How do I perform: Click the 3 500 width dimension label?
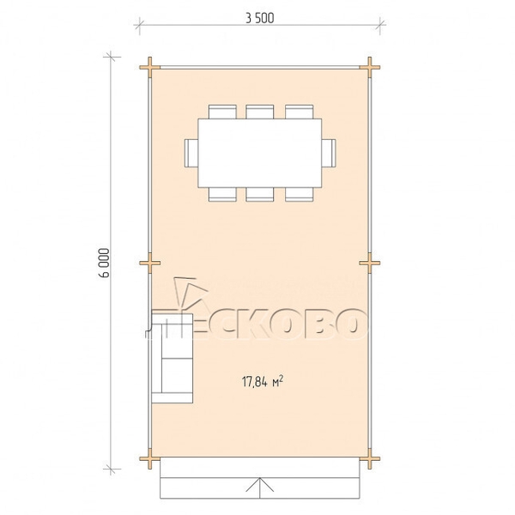[260, 18]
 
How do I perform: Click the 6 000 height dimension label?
[104, 264]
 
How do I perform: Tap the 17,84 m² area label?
[263, 382]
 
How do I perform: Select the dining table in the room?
[260, 153]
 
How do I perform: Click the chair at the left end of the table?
[191, 153]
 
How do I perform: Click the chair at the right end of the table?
[329, 153]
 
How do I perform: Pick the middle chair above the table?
[260, 112]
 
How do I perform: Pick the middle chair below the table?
[260, 194]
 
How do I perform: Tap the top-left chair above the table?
[222, 112]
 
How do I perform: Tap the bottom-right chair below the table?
[300, 194]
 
